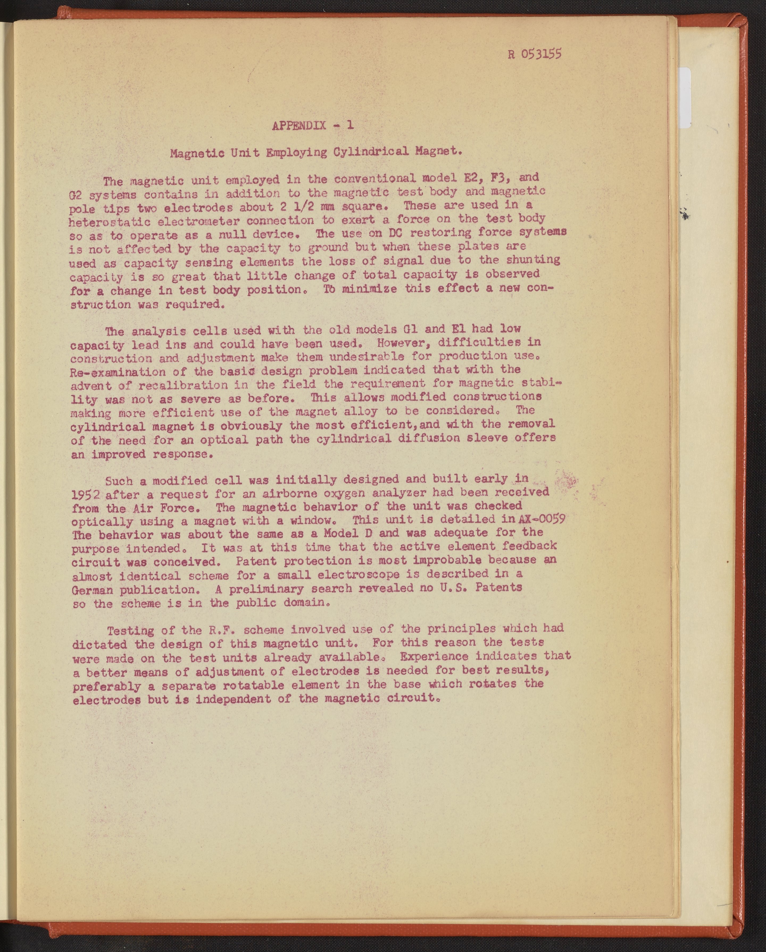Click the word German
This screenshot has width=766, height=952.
click(x=92, y=590)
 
